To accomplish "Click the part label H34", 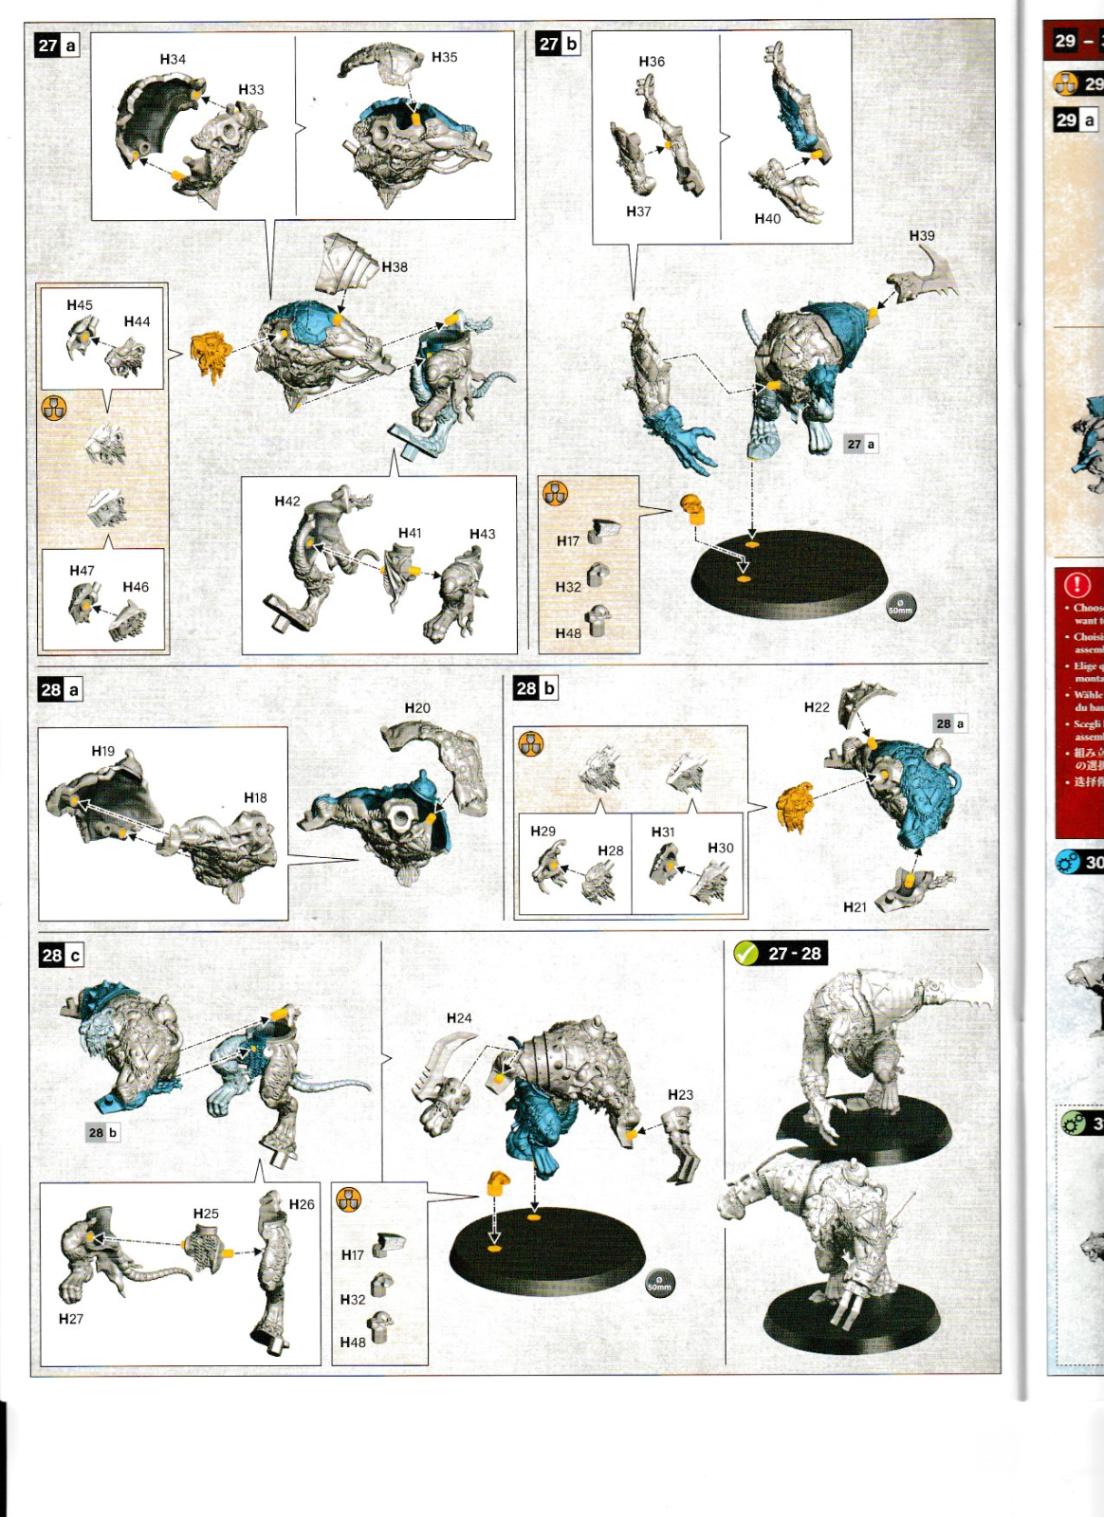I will pos(173,60).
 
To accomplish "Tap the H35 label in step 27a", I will pos(444,58).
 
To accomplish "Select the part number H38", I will pos(395,267).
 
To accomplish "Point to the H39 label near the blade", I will pos(921,236).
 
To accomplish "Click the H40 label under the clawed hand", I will pos(767,219).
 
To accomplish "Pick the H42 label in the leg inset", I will pos(286,502).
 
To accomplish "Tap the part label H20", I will pos(416,708).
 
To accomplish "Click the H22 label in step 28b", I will pos(816,707).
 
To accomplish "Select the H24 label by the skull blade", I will pos(458,1018).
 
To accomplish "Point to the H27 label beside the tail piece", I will pos(71,1319).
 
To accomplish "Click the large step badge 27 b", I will pos(558,44).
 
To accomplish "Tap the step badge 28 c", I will pos(62,956).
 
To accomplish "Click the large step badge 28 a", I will pos(61,690).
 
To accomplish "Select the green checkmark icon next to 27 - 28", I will pos(746,953).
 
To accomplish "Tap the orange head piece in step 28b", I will pos(795,806).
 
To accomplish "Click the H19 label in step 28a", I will pos(102,751).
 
